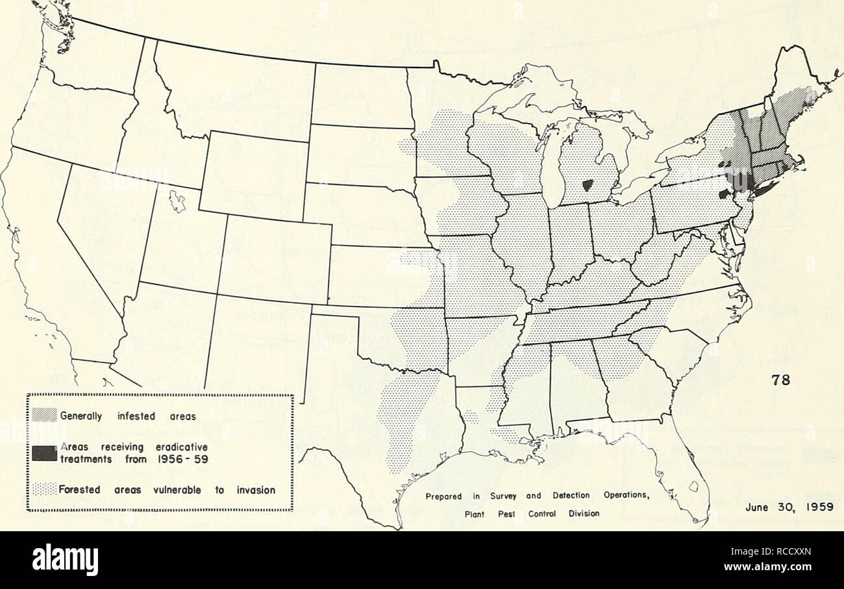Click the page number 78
pos(782,382)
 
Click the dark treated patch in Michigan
pos(589,186)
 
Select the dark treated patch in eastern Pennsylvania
pos(725,194)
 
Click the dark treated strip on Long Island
pos(767,189)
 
